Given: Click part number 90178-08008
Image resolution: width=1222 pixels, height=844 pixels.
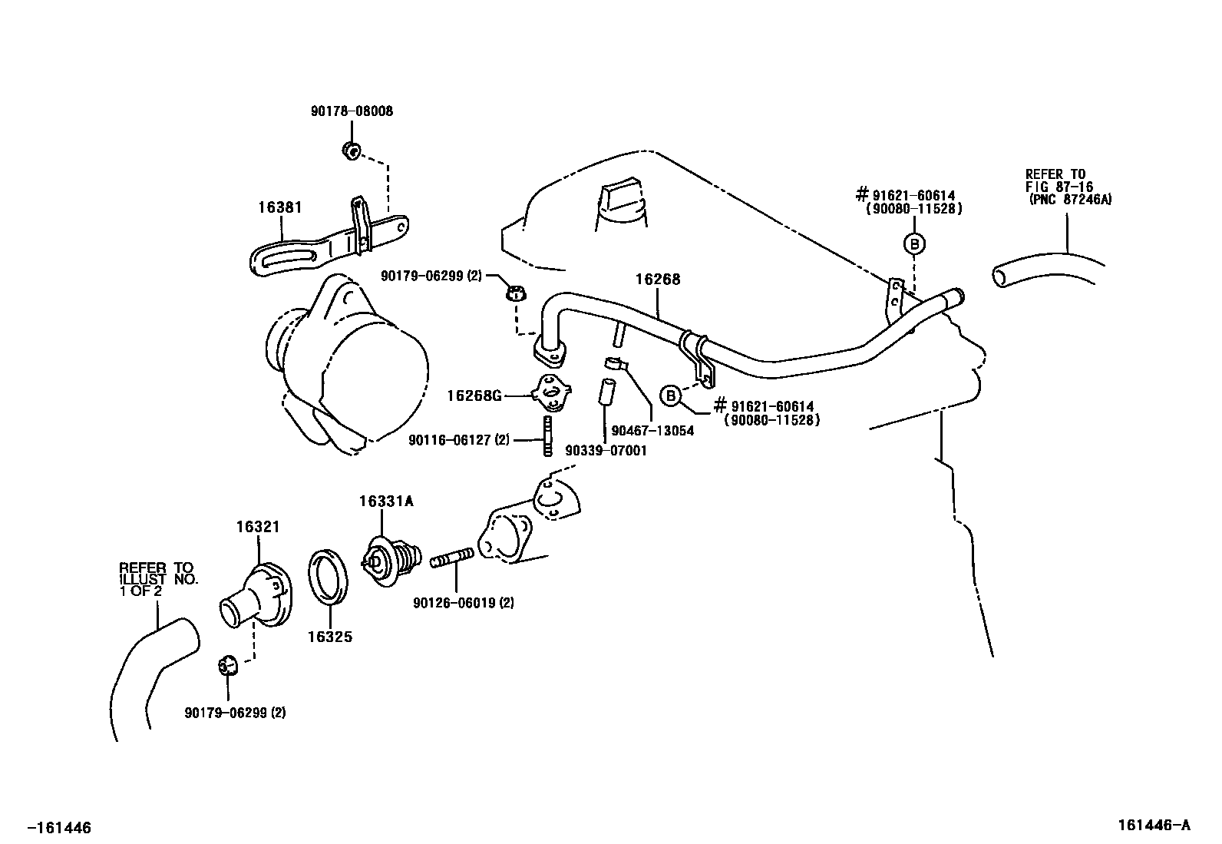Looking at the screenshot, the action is (x=352, y=111).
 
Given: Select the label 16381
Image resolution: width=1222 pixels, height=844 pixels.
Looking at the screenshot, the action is (x=280, y=207).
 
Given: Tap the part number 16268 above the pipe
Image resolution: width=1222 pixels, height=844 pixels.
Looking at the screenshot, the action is (x=658, y=280).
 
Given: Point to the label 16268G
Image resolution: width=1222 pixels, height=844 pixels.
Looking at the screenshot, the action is (x=474, y=396).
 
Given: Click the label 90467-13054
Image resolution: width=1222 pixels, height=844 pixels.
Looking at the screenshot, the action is (x=652, y=431).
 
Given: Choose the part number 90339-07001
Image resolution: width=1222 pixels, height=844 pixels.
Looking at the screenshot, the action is (x=606, y=451).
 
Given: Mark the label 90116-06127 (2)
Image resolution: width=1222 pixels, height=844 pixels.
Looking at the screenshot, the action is (x=459, y=440).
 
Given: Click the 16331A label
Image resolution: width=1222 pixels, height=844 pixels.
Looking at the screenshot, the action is (x=386, y=501).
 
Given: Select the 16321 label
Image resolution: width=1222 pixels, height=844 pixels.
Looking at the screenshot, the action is (x=258, y=527).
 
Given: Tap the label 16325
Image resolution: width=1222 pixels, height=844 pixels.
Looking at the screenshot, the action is (x=330, y=637).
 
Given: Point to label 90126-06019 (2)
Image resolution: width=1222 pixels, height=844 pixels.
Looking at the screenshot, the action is (x=463, y=604).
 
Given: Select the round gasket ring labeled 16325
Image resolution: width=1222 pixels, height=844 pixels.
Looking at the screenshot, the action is (x=329, y=577).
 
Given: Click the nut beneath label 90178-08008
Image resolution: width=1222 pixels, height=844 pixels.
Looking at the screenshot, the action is (x=352, y=150).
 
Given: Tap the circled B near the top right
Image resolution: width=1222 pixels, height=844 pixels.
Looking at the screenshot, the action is (x=914, y=243).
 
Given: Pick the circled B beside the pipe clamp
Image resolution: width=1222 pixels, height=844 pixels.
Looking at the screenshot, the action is (x=671, y=396).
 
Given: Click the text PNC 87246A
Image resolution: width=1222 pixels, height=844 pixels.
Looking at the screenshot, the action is (x=1071, y=200).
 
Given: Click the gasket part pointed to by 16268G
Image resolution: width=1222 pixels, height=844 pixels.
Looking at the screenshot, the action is (x=552, y=392).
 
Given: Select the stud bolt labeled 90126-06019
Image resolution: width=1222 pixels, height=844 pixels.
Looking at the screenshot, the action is (x=451, y=558).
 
